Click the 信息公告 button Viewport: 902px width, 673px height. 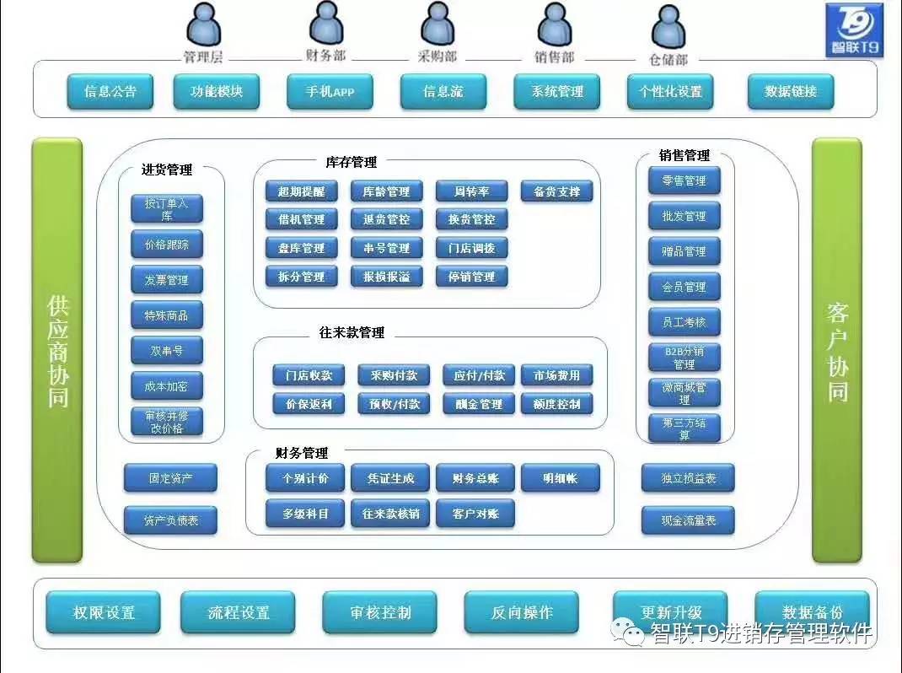point(110,92)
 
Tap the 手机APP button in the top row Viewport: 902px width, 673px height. point(330,92)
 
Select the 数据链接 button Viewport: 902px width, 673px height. point(791,92)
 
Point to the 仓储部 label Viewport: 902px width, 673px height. point(668,60)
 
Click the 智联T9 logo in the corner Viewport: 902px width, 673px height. point(854,30)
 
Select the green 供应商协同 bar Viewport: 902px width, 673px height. point(57,350)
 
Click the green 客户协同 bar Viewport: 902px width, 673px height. point(837,350)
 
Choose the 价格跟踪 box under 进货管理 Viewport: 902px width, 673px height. point(167,245)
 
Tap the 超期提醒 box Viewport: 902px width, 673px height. point(301,191)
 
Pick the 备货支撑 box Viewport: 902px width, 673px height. point(556,191)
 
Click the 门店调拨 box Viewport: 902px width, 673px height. point(471,248)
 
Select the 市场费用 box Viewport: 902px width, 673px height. point(556,375)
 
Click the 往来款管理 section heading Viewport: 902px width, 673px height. point(352,333)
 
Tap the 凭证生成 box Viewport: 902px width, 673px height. point(389,479)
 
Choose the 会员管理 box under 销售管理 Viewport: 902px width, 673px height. point(685,287)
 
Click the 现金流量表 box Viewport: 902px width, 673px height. point(688,521)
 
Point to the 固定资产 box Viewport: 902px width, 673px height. point(170,478)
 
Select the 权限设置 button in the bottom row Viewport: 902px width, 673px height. point(103,613)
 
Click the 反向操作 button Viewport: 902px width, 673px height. point(522,613)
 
